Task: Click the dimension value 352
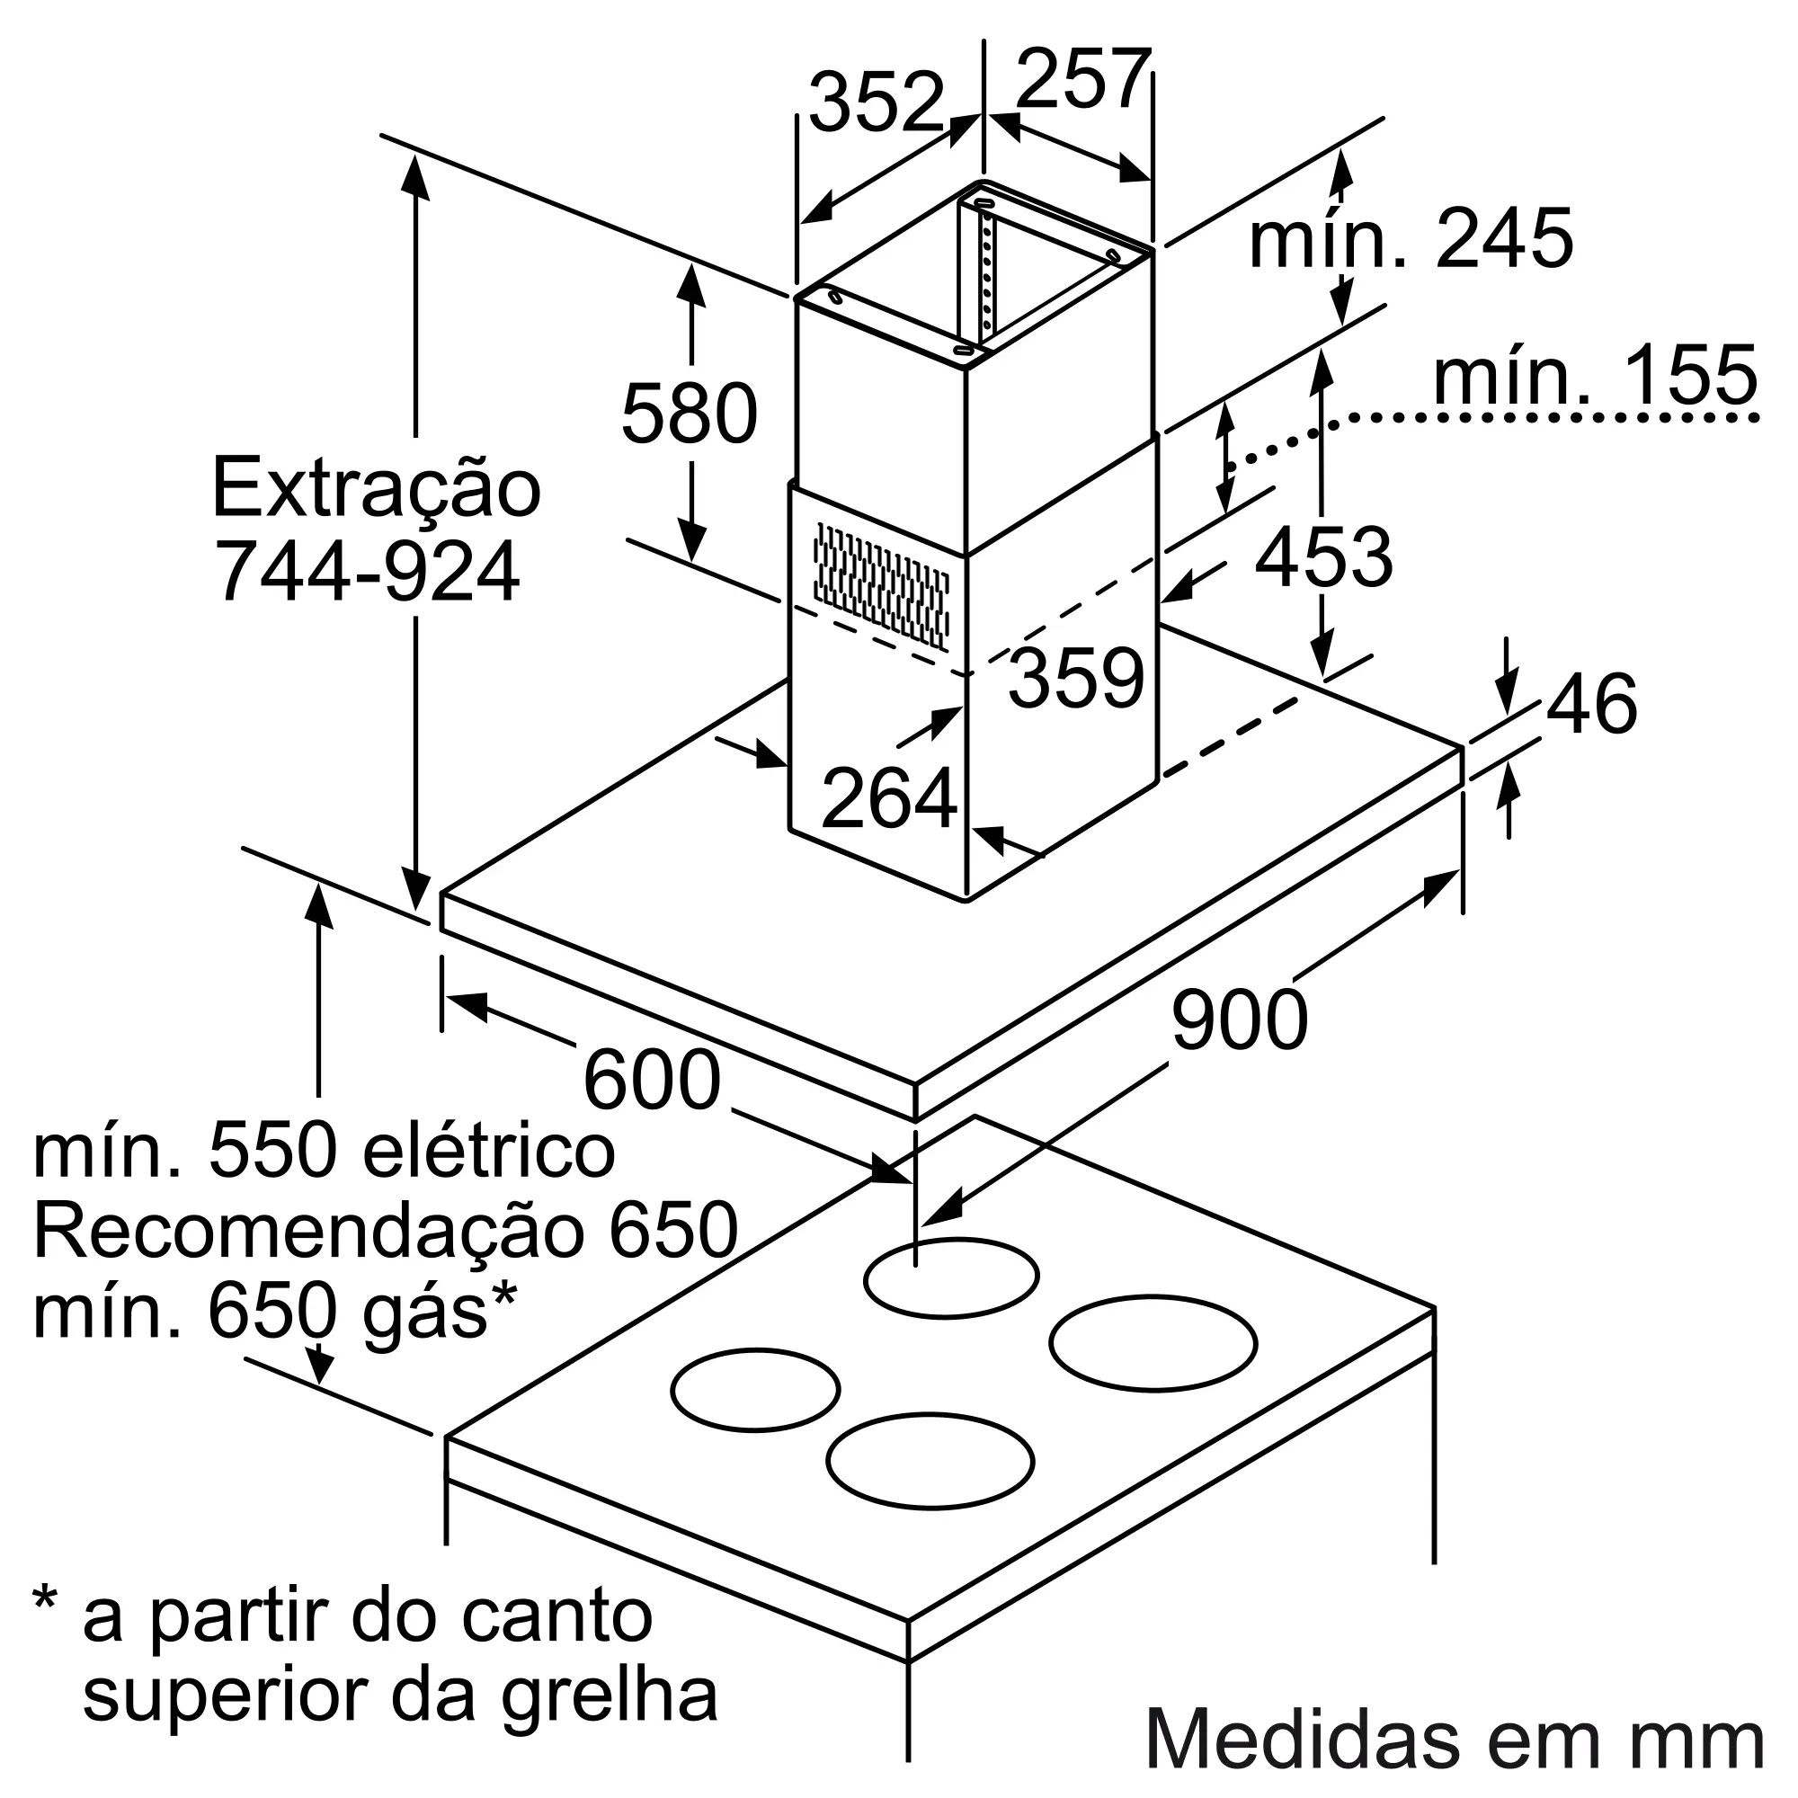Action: point(876,102)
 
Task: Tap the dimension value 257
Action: point(1082,80)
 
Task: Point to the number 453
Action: point(1323,558)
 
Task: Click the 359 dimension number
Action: point(1076,680)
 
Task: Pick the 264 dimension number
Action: point(889,798)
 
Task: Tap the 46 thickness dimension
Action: point(1591,705)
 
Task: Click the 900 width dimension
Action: point(1239,1021)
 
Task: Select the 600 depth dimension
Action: point(652,1081)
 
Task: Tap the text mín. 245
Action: point(1410,240)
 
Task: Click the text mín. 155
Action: point(1594,376)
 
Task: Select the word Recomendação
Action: point(307,1233)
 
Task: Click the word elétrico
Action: point(487,1153)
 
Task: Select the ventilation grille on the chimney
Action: point(880,586)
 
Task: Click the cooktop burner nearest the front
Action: point(930,1487)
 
